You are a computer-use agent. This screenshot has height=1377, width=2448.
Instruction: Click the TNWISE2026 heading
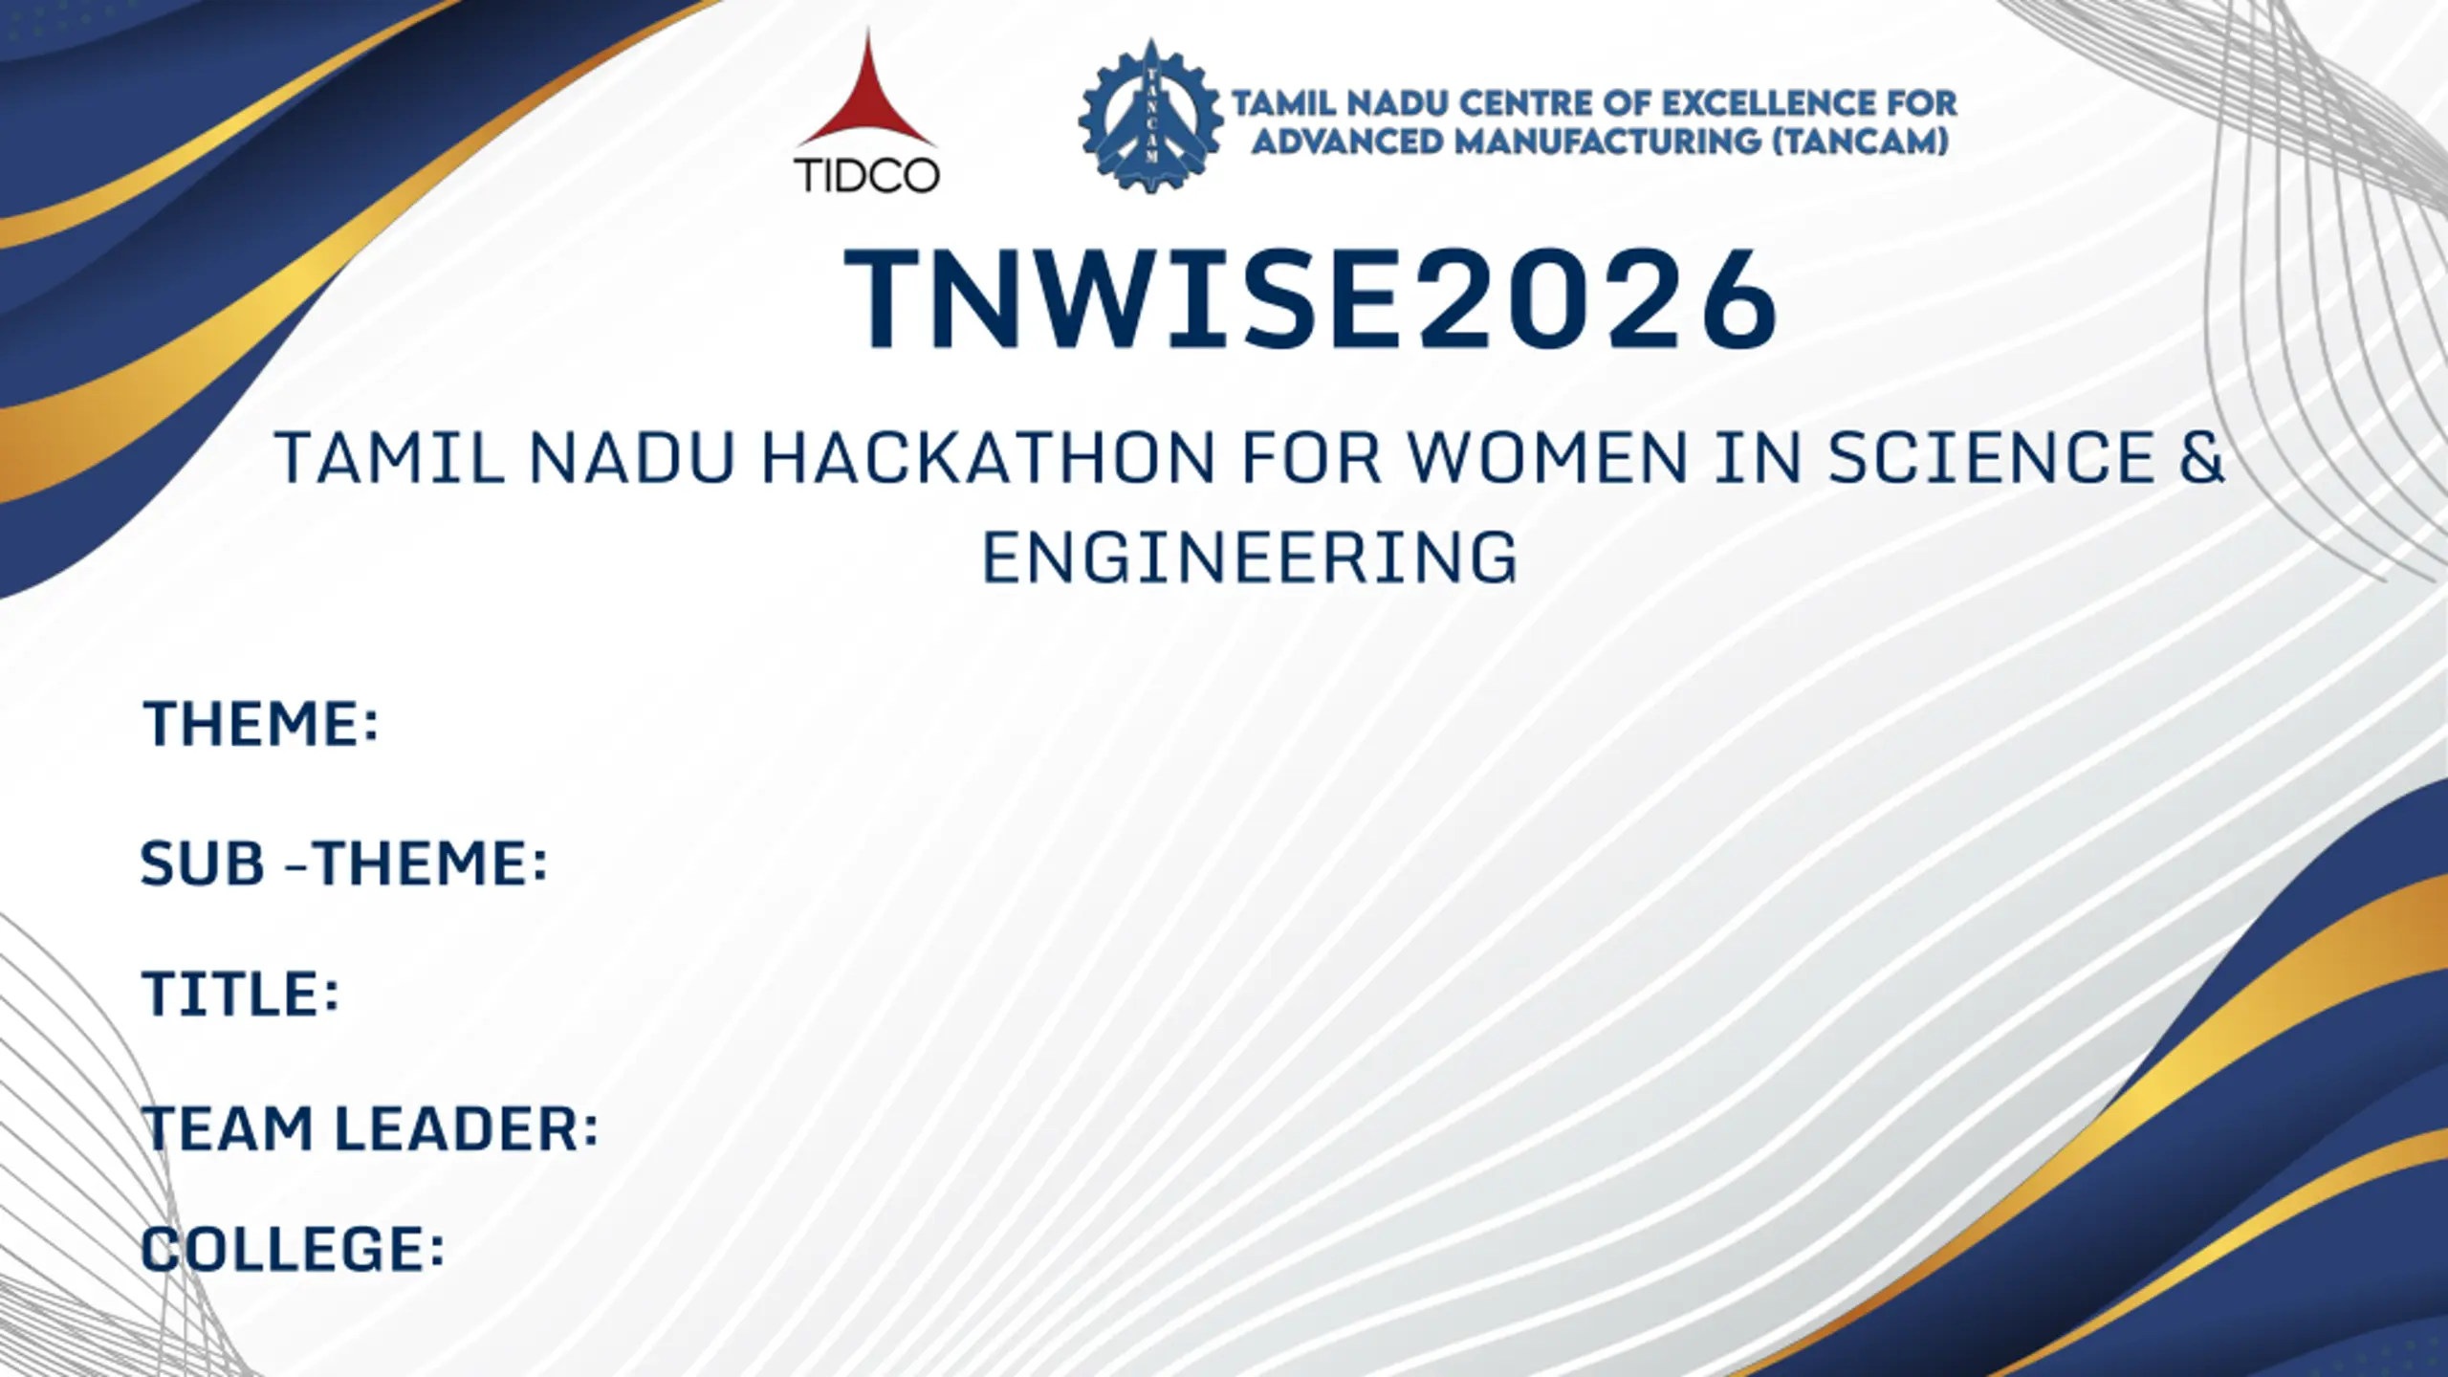1310,298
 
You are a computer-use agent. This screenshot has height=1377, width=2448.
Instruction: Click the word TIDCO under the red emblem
866,176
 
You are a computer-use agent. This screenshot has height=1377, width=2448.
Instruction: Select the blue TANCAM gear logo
1150,115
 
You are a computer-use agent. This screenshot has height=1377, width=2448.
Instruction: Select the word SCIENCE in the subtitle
1991,458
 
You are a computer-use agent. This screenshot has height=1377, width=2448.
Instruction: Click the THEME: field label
261,723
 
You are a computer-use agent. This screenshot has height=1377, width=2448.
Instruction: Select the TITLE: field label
241,994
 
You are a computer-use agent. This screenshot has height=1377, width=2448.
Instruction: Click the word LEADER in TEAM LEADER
467,1128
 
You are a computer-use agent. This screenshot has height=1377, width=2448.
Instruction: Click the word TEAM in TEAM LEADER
229,1128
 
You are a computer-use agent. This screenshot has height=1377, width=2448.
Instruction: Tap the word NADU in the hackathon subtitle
632,458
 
